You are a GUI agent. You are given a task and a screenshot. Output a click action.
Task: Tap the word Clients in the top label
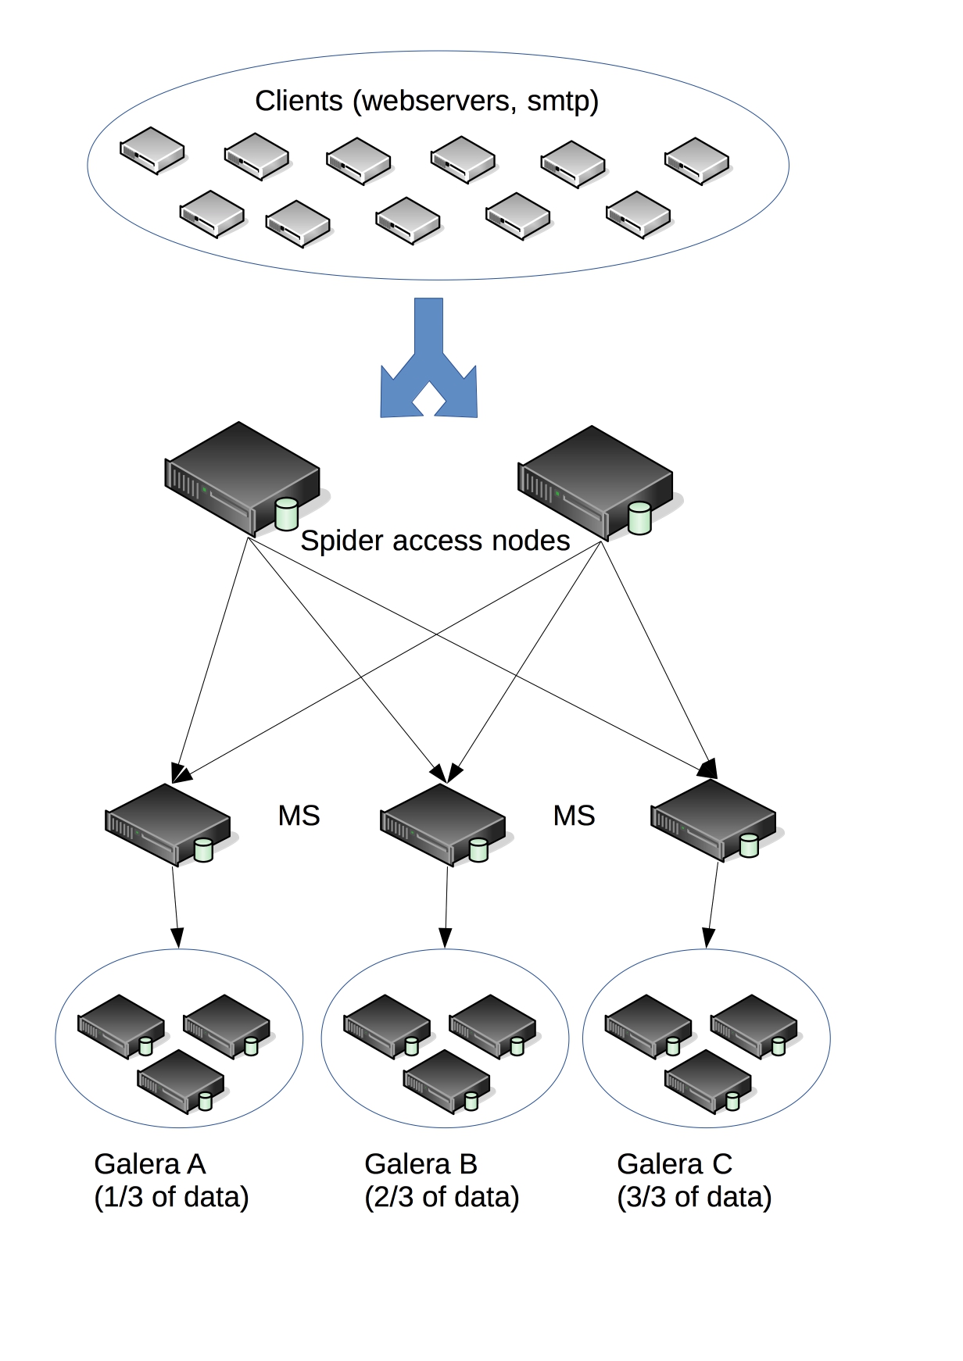coord(299,101)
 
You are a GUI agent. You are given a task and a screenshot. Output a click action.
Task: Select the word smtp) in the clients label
coord(563,101)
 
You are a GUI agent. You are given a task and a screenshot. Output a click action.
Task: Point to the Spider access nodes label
coord(435,541)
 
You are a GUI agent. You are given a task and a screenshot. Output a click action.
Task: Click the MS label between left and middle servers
coord(299,816)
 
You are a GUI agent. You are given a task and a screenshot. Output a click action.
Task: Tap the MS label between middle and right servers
coord(574,816)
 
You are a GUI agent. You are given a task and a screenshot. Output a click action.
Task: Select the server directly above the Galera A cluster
coord(169,823)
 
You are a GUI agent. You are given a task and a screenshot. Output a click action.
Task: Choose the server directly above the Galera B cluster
coord(444,823)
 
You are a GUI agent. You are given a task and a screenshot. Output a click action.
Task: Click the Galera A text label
coord(150,1164)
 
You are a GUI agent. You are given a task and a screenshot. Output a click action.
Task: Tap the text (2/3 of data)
coord(442,1197)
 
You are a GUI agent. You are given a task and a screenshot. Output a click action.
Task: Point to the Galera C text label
coord(675,1164)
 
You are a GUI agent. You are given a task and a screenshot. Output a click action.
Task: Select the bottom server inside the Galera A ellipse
coord(180,1081)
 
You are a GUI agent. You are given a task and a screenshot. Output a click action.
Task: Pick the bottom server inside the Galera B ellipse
coord(446,1081)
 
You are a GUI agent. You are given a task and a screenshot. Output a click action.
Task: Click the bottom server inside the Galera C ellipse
coord(707,1081)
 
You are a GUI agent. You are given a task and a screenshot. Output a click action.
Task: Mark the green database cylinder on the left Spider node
coord(287,514)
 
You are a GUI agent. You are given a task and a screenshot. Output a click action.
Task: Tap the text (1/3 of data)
coord(171,1197)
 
